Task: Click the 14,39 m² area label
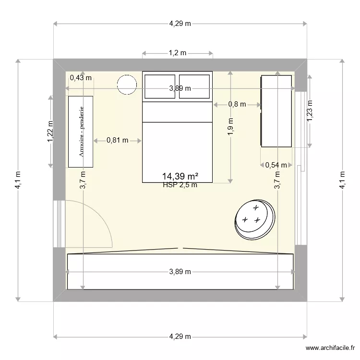(x=180, y=176)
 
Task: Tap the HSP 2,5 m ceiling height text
(x=180, y=185)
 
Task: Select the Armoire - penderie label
(x=81, y=132)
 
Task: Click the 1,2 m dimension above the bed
(x=178, y=53)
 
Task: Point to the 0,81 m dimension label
(x=117, y=140)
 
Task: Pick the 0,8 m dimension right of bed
(x=237, y=104)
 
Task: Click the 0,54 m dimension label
(x=276, y=165)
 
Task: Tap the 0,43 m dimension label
(x=81, y=78)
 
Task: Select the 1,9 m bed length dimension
(x=230, y=127)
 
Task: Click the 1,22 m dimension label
(x=50, y=132)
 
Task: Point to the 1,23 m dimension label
(x=310, y=111)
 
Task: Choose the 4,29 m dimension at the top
(x=180, y=24)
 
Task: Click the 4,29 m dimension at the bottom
(x=180, y=336)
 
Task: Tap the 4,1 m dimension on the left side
(x=18, y=180)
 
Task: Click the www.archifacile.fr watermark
(x=330, y=348)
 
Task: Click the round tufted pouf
(x=254, y=220)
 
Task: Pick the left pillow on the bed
(x=160, y=86)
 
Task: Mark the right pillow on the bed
(x=194, y=86)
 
